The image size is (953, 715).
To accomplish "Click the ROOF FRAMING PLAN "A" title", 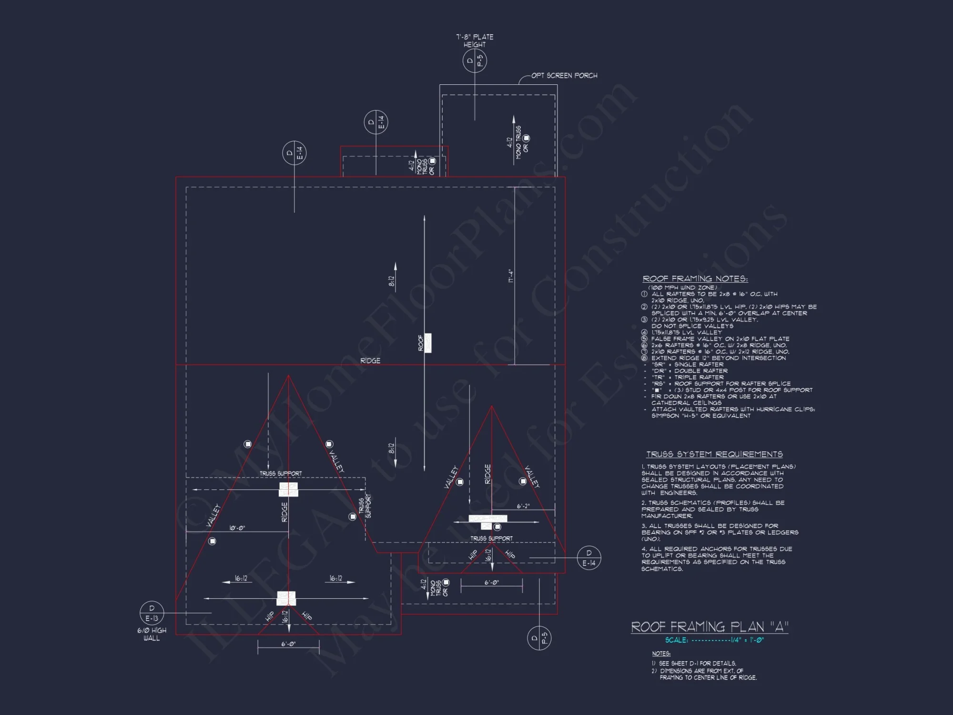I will click(x=710, y=626).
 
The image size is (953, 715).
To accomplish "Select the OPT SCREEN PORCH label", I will click(x=564, y=75).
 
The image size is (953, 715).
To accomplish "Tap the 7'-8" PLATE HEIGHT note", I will click(x=475, y=41).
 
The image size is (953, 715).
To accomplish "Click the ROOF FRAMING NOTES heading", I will click(x=695, y=279).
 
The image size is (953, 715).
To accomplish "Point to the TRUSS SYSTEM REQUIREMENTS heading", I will click(x=714, y=454).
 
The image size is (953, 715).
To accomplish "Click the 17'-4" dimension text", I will click(x=510, y=276).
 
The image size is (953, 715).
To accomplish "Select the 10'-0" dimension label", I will click(x=237, y=528).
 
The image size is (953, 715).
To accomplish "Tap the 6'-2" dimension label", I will click(x=523, y=506).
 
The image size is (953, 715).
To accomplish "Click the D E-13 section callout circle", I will click(x=152, y=613).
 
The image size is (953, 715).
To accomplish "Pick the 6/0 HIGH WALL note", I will click(x=152, y=634).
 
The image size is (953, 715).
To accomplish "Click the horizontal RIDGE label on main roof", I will click(x=370, y=361).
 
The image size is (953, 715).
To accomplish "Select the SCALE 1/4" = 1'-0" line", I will click(x=714, y=640).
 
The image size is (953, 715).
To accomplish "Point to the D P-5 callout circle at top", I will click(x=475, y=61).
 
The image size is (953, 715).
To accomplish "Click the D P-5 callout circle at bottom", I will click(x=539, y=638).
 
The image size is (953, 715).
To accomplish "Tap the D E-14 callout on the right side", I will click(x=589, y=558).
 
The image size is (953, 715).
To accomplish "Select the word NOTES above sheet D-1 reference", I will click(x=661, y=654).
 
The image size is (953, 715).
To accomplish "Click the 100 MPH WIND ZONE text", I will click(x=682, y=287).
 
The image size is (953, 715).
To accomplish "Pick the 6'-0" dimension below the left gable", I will click(x=288, y=644).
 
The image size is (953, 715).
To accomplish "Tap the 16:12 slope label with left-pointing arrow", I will click(x=241, y=579).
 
